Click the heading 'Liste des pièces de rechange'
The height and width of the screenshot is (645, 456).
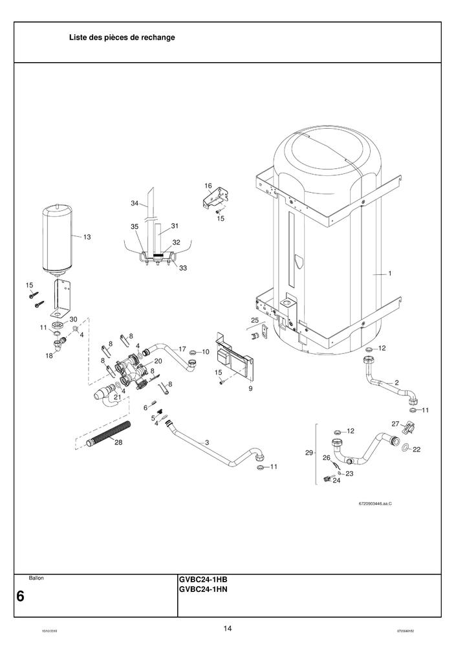coord(122,38)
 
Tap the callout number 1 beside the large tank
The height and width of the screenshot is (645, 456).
coord(389,274)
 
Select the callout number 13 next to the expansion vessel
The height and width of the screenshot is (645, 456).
coord(87,237)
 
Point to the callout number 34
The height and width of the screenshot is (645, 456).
coord(135,203)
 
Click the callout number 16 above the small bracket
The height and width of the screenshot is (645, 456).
coord(208,186)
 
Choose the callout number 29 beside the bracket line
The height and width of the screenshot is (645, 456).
coord(309,453)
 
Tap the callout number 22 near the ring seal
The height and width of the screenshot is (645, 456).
coord(417,449)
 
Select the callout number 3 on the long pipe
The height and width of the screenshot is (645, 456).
coord(206,443)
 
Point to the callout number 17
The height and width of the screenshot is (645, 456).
coord(182,349)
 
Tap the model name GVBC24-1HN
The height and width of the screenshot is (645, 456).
coord(203,589)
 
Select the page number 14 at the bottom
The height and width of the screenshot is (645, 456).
coord(228,628)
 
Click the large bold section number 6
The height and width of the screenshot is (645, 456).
coord(21,596)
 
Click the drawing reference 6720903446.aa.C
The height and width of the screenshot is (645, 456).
coord(375,503)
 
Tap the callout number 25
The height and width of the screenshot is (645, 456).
coord(254,320)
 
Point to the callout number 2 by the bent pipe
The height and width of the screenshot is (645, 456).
coord(396,383)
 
